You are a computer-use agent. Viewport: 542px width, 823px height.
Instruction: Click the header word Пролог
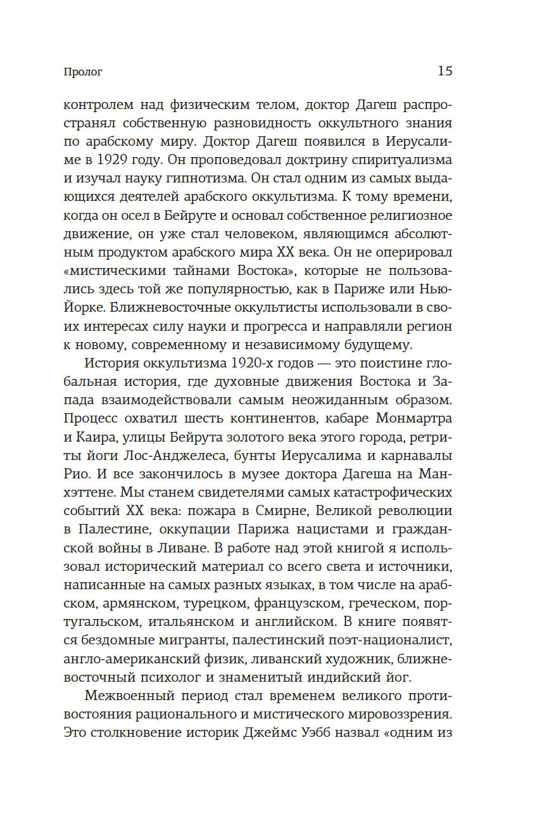pos(83,72)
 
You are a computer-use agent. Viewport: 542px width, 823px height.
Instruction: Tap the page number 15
pos(444,71)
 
